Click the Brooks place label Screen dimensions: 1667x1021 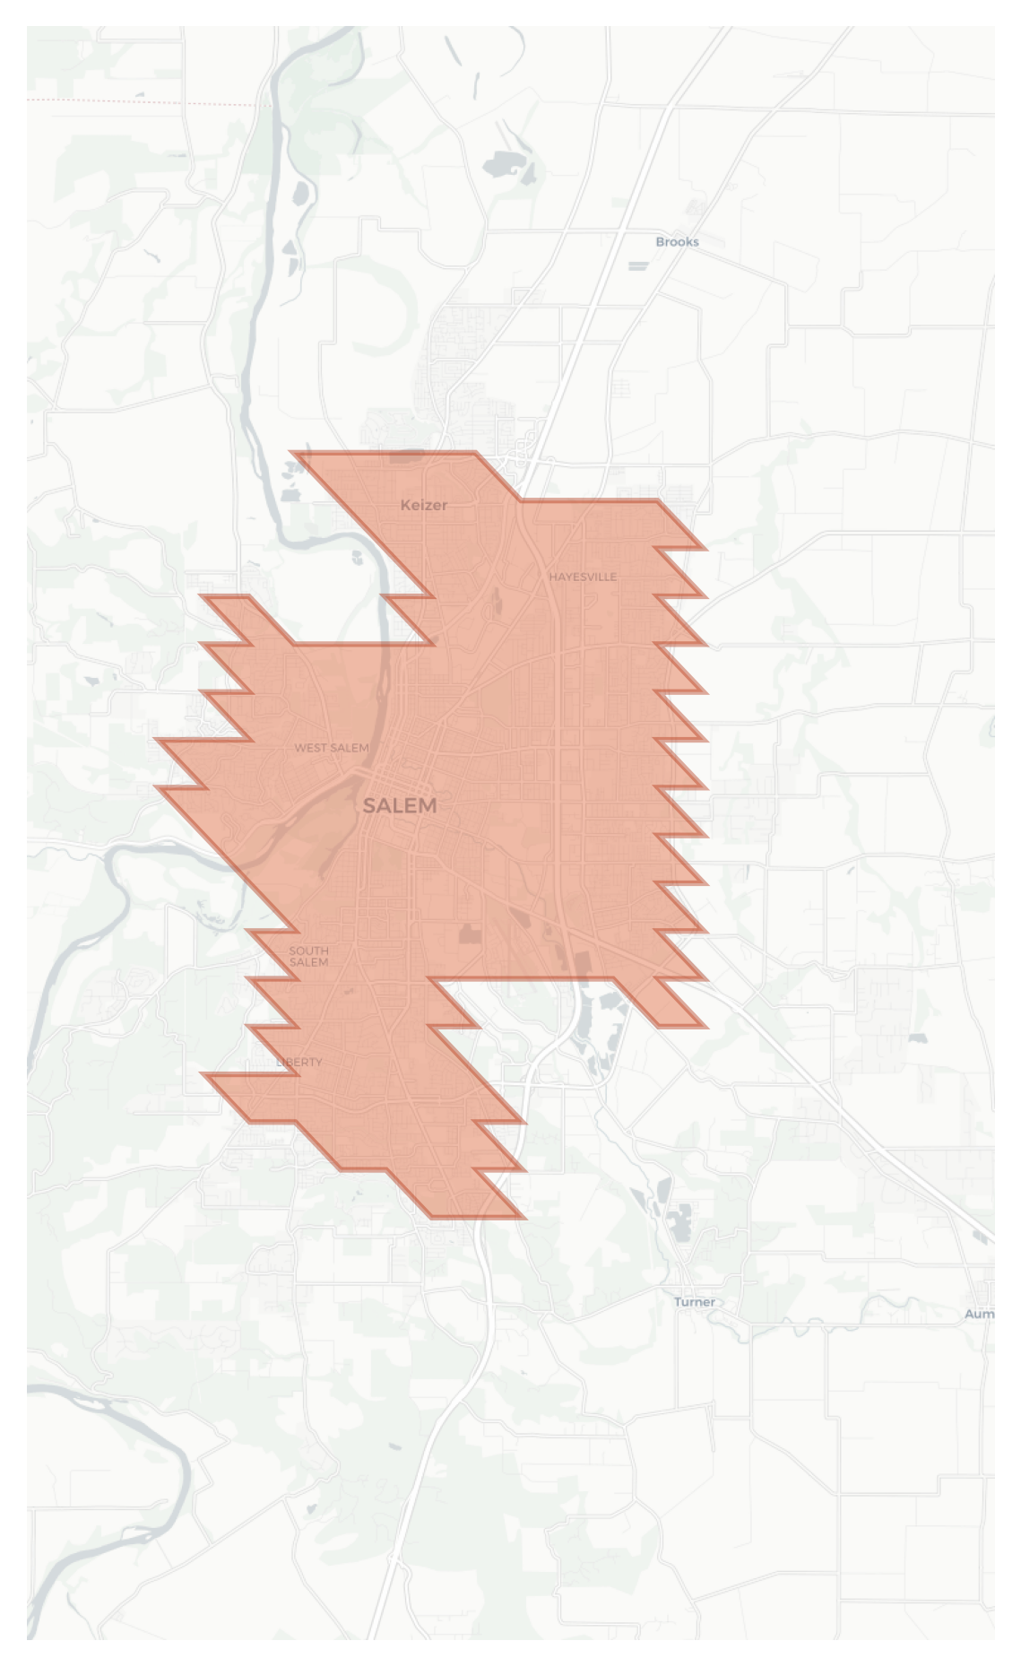coord(677,242)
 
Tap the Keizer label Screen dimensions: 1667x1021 coord(424,506)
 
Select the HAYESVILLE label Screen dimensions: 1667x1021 coord(583,577)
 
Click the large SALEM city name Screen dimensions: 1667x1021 coord(400,806)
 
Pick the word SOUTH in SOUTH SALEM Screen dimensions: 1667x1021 coord(308,951)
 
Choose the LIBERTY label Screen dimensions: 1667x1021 coord(299,1062)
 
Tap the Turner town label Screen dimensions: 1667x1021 coord(695,1302)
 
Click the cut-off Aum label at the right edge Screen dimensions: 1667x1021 coord(979,1314)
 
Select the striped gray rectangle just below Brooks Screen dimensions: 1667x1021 coord(638,265)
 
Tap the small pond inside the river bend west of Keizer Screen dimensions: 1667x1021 coord(358,557)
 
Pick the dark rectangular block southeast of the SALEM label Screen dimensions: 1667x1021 coord(469,934)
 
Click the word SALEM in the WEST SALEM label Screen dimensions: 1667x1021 coord(350,748)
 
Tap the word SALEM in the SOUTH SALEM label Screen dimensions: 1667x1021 coord(308,962)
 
